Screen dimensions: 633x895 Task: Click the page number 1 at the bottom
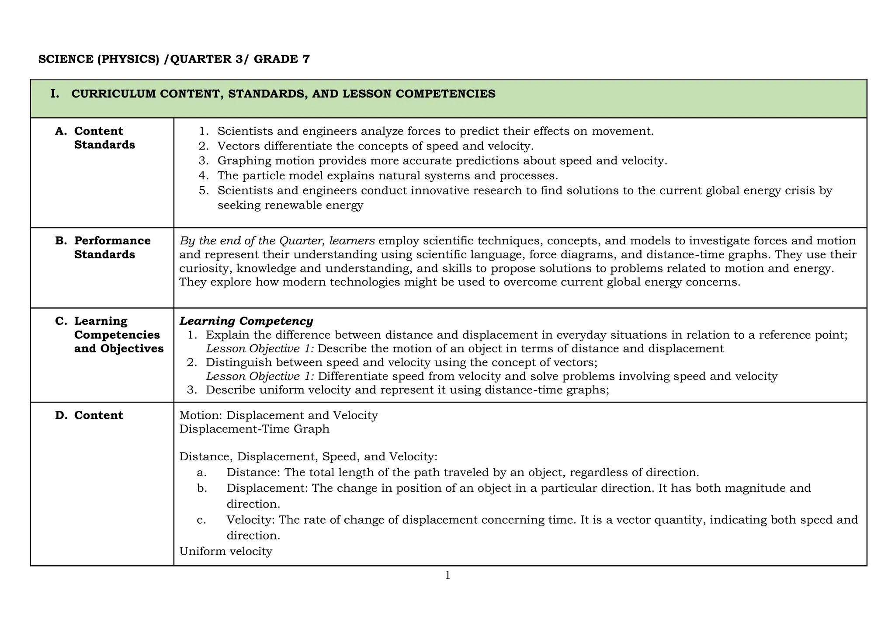coord(447,576)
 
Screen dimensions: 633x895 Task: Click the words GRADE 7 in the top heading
coord(281,59)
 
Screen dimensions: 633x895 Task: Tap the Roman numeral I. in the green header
coord(55,94)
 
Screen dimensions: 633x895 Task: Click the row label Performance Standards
coord(112,247)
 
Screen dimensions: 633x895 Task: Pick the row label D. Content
coord(89,415)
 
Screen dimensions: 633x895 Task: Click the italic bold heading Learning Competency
coord(246,321)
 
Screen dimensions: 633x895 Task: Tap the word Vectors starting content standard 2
coord(239,146)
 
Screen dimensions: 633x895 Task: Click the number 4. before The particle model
coord(204,175)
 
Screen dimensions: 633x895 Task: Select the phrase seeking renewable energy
coord(290,205)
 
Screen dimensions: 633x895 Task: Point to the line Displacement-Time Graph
coord(254,429)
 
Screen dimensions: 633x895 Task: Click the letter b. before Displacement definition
coord(202,488)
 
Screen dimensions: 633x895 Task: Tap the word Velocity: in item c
coord(250,519)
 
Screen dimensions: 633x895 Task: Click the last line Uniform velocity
coord(225,551)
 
